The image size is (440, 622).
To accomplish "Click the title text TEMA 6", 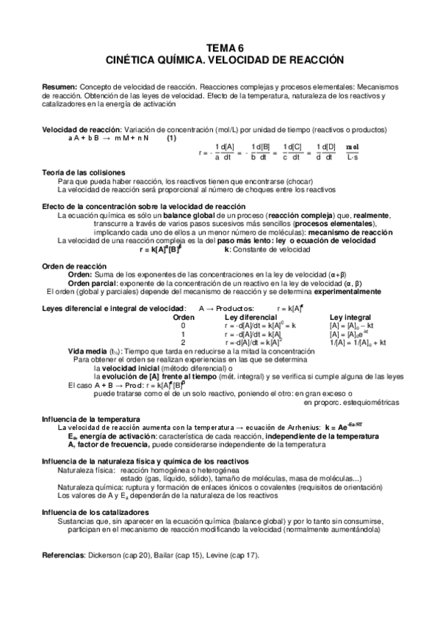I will pyautogui.click(x=220, y=46).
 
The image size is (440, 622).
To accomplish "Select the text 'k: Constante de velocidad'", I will pyautogui.click(x=262, y=249).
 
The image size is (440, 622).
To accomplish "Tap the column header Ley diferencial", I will pyautogui.click(x=251, y=317).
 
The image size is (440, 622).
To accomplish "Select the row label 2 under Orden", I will pyautogui.click(x=183, y=342).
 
